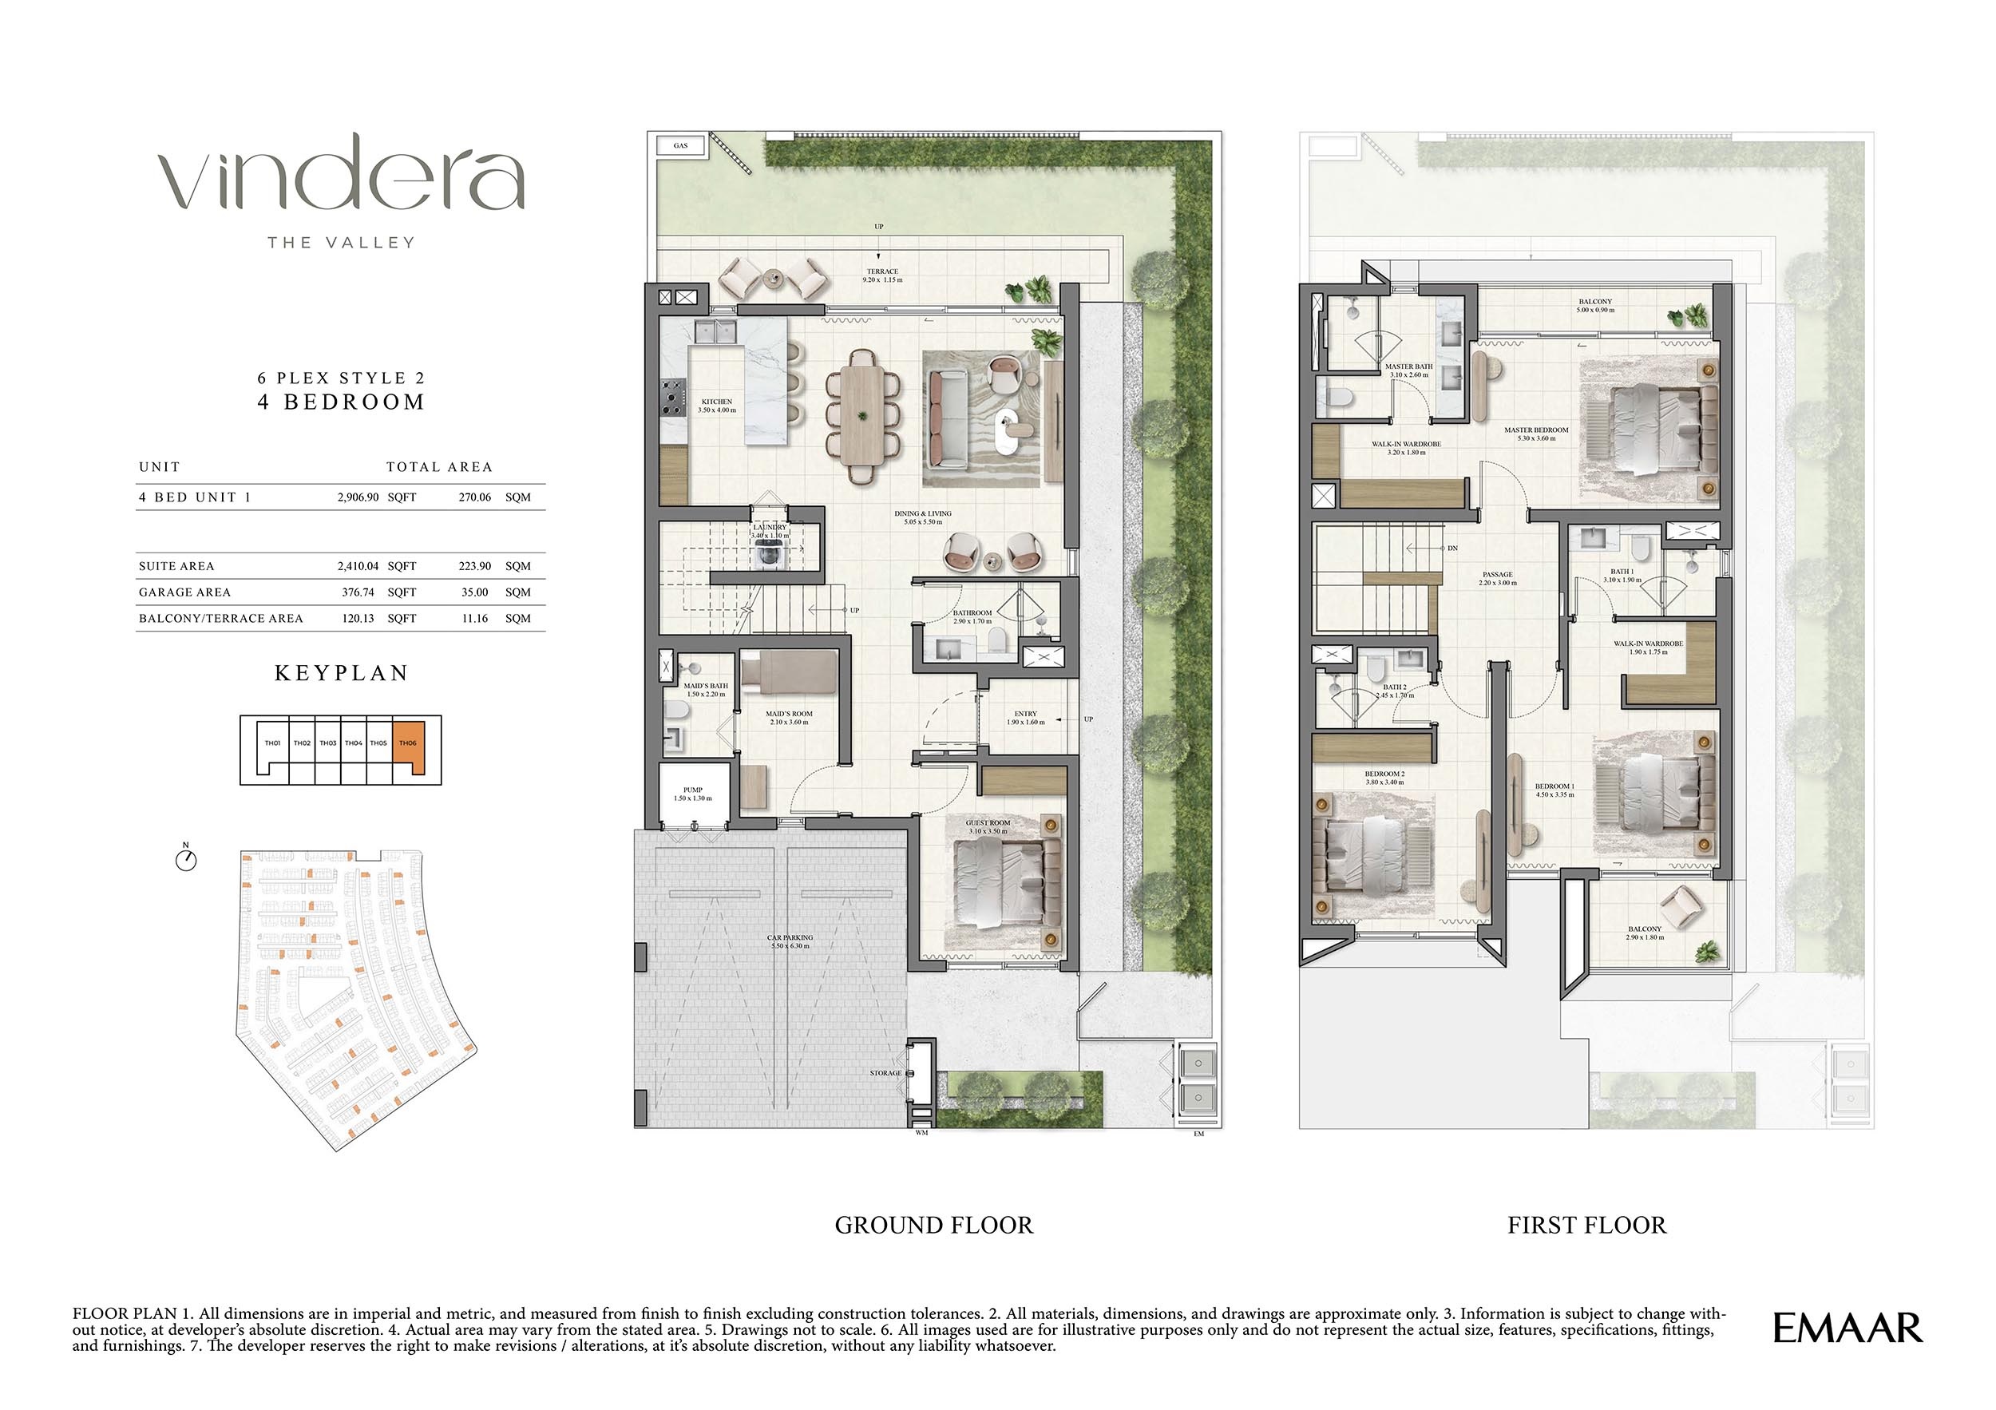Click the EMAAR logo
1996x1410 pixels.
pyautogui.click(x=1847, y=1329)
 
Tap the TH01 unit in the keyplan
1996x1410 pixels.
pyautogui.click(x=272, y=744)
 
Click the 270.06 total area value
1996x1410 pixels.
pyautogui.click(x=475, y=497)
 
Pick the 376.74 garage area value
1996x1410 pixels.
pyautogui.click(x=360, y=592)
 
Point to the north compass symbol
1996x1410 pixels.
pyautogui.click(x=186, y=860)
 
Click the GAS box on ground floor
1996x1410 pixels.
pyautogui.click(x=681, y=146)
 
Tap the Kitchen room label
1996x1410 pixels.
pyautogui.click(x=716, y=406)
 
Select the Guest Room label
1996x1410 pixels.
pyautogui.click(x=988, y=826)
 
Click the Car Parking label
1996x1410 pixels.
pyautogui.click(x=790, y=941)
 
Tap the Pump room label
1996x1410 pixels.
pyautogui.click(x=693, y=794)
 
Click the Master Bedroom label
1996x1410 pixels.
pyautogui.click(x=1536, y=434)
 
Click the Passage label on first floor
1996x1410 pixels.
pyautogui.click(x=1497, y=578)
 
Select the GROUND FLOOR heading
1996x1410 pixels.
pyautogui.click(x=933, y=1225)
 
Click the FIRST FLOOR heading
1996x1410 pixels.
pyautogui.click(x=1586, y=1225)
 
